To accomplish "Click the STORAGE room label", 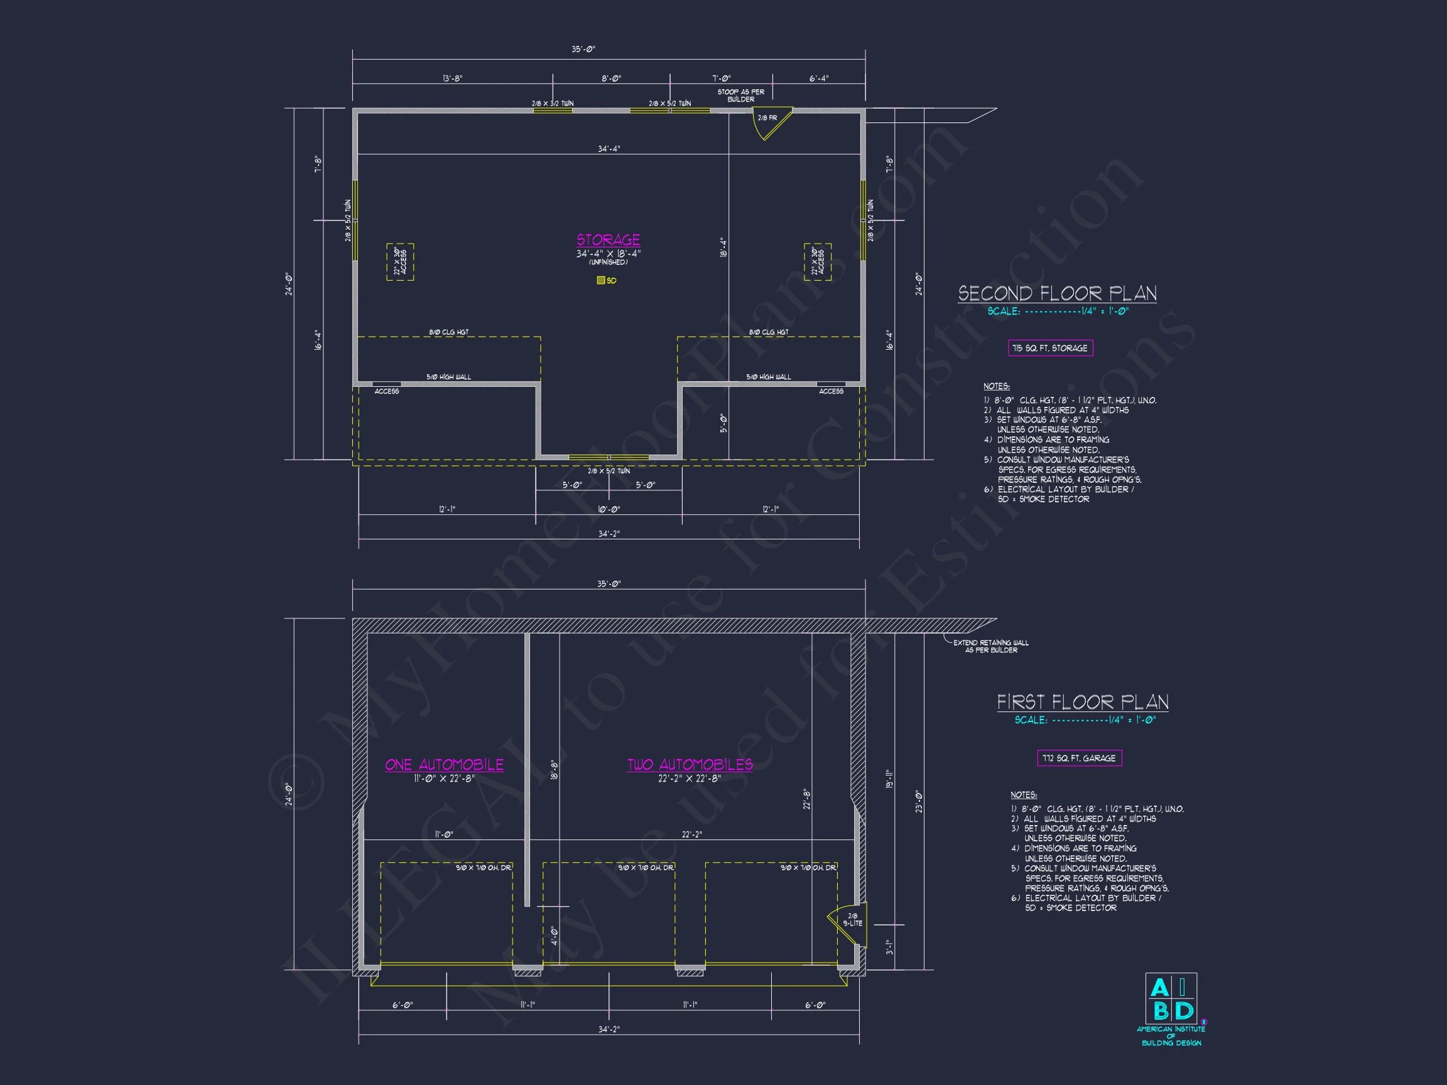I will point(608,240).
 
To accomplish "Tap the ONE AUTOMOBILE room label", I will point(444,765).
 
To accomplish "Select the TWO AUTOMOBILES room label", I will point(690,765).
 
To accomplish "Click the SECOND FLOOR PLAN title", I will point(1057,293).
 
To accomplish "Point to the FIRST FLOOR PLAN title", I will point(1083,703).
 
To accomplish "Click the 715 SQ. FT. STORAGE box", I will point(1050,348).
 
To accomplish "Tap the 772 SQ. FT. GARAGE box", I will point(1080,758).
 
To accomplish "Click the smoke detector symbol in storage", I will point(601,281).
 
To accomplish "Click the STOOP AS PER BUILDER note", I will point(740,95).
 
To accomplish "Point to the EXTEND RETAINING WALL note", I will point(990,646).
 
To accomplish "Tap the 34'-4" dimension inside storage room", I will point(609,149).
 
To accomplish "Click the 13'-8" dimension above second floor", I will point(452,78).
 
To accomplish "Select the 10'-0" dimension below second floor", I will point(609,509).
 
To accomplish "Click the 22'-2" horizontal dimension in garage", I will point(691,834).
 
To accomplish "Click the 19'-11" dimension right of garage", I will point(889,778).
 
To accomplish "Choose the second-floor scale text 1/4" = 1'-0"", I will point(1057,311).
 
